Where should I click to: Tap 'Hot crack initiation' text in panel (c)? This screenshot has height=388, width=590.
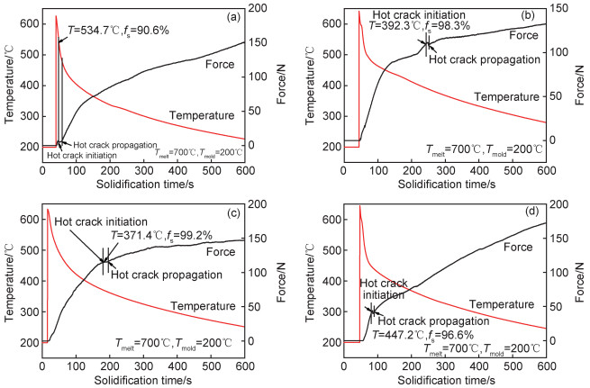97,221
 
